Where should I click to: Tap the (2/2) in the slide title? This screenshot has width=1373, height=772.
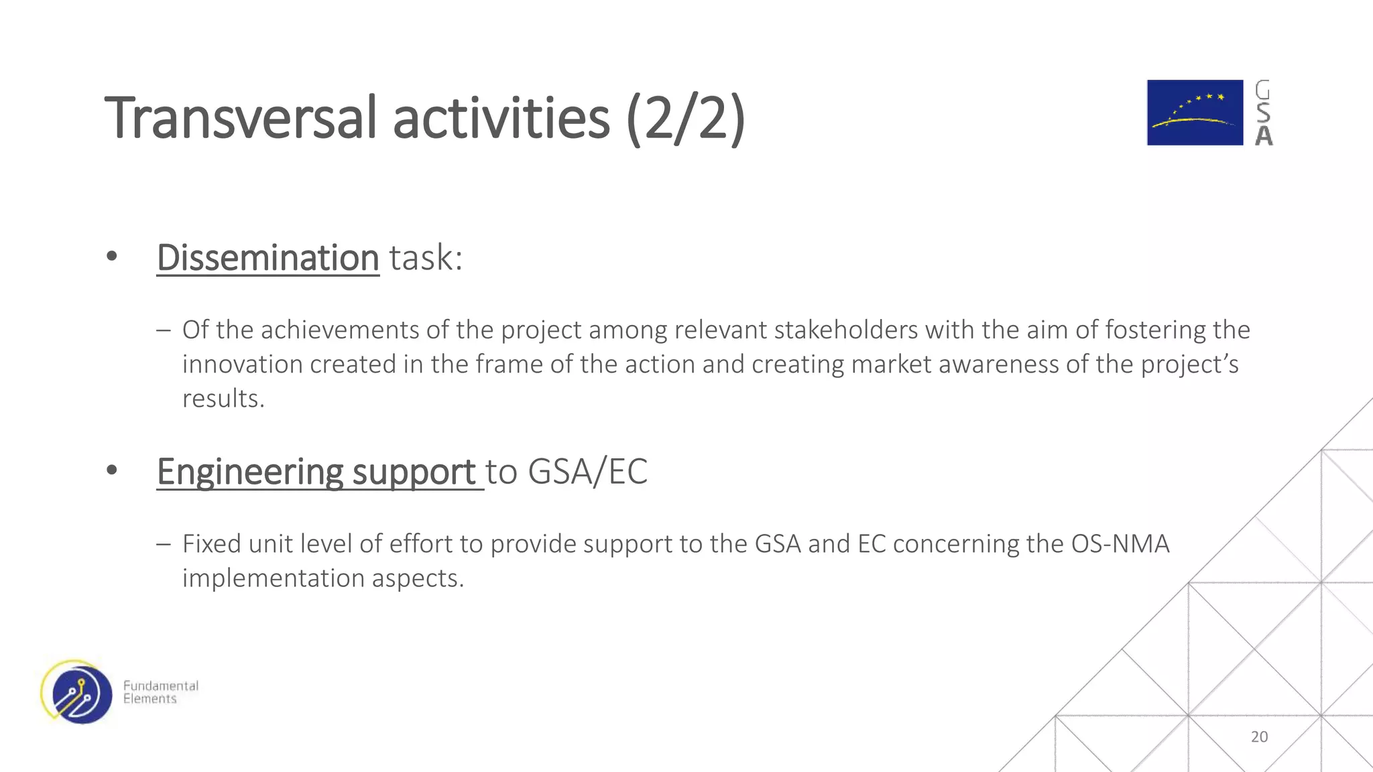685,119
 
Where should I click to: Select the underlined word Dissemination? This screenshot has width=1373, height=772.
268,258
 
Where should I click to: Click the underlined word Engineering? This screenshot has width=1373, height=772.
249,472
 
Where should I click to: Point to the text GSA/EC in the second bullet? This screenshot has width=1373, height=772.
587,472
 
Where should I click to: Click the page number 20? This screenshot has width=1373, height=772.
1259,736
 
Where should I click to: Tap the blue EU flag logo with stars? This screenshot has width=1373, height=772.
1195,113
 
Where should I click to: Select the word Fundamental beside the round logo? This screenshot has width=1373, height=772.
161,686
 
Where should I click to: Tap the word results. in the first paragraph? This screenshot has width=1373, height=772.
223,399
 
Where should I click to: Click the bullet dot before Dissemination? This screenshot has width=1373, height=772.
112,256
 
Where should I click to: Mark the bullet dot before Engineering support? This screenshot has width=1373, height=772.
112,470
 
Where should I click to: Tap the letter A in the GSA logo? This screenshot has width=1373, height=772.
1264,136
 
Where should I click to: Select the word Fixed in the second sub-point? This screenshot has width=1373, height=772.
212,544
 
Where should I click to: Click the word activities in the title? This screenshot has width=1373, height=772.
501,119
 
